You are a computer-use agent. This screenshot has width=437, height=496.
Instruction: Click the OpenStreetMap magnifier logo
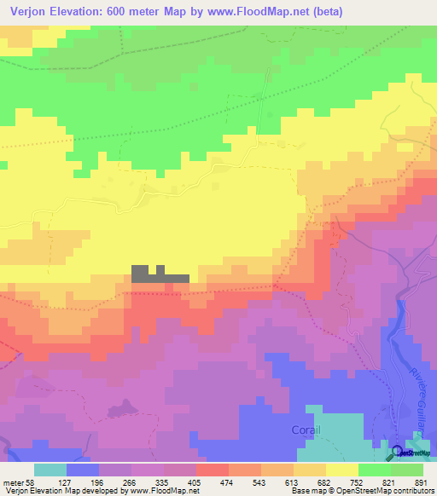[x=396, y=452]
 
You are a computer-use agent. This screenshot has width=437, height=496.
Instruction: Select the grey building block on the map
[x=159, y=274]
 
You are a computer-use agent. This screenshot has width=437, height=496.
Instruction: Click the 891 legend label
[x=420, y=482]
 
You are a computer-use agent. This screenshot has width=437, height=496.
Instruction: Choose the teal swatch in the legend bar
[x=50, y=470]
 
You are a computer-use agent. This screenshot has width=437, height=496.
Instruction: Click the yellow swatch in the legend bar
[x=342, y=470]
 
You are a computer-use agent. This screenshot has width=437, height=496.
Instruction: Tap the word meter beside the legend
[x=14, y=482]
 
